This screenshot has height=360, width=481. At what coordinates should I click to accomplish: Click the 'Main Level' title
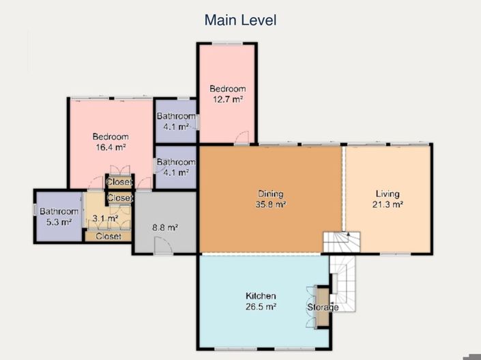(240, 20)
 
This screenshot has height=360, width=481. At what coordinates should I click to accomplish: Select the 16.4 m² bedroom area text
(110, 147)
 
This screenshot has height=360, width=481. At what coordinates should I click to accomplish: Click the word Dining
(270, 194)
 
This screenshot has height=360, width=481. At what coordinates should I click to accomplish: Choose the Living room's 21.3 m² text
(387, 204)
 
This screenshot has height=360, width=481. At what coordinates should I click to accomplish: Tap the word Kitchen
(261, 296)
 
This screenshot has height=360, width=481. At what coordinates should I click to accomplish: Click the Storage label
(322, 307)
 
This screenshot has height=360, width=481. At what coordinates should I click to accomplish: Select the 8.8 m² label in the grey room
(164, 228)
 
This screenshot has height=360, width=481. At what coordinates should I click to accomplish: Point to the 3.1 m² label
(105, 218)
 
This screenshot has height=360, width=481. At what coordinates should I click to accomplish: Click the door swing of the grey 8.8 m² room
(163, 246)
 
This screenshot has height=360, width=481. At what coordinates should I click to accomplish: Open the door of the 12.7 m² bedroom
(242, 138)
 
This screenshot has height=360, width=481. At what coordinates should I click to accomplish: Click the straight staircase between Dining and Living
(341, 241)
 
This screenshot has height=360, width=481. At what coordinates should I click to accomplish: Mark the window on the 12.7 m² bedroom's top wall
(227, 44)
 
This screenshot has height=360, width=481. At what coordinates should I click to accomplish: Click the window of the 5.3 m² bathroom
(35, 210)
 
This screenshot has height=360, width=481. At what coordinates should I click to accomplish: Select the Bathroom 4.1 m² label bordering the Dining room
(176, 167)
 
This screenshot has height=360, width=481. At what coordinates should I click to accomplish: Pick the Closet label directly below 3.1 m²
(108, 237)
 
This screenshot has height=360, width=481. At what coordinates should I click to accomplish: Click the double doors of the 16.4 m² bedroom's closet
(119, 170)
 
